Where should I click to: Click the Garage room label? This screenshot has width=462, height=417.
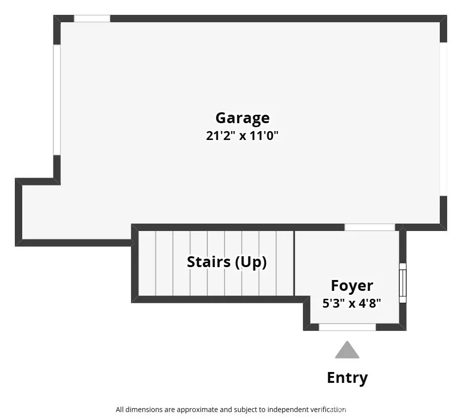(x=242, y=118)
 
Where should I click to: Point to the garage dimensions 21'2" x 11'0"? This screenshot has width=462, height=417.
(x=242, y=136)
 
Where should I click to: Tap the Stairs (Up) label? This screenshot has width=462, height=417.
(x=226, y=262)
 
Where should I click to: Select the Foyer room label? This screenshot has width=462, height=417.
(x=352, y=285)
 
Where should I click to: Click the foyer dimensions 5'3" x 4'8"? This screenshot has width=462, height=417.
(x=352, y=303)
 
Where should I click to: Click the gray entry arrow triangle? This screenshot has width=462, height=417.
(x=347, y=350)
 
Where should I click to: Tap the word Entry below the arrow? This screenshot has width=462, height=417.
(x=347, y=378)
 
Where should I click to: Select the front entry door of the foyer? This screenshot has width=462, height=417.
(x=347, y=327)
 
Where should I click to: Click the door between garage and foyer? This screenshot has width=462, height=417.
(x=369, y=227)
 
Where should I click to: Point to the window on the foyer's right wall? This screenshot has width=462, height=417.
(x=403, y=283)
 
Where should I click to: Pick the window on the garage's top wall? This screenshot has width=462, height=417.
(x=92, y=19)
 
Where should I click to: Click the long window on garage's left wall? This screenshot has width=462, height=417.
(x=57, y=99)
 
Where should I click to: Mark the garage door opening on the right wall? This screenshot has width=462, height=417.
(x=443, y=119)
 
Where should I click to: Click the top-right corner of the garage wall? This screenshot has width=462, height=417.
(x=443, y=19)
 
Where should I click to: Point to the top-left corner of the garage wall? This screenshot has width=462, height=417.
(x=57, y=19)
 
